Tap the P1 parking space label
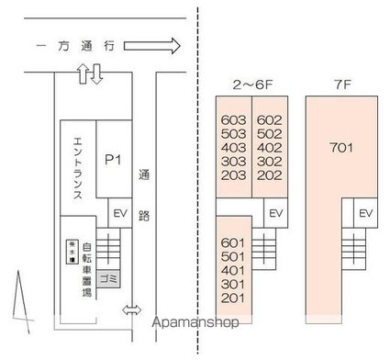(113, 161)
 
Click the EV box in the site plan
(119, 212)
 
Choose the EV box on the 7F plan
(365, 214)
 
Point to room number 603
(235, 119)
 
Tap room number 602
(268, 119)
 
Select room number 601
(234, 243)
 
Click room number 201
(234, 298)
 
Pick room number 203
(235, 174)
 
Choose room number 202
(268, 174)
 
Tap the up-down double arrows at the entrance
(90, 74)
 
